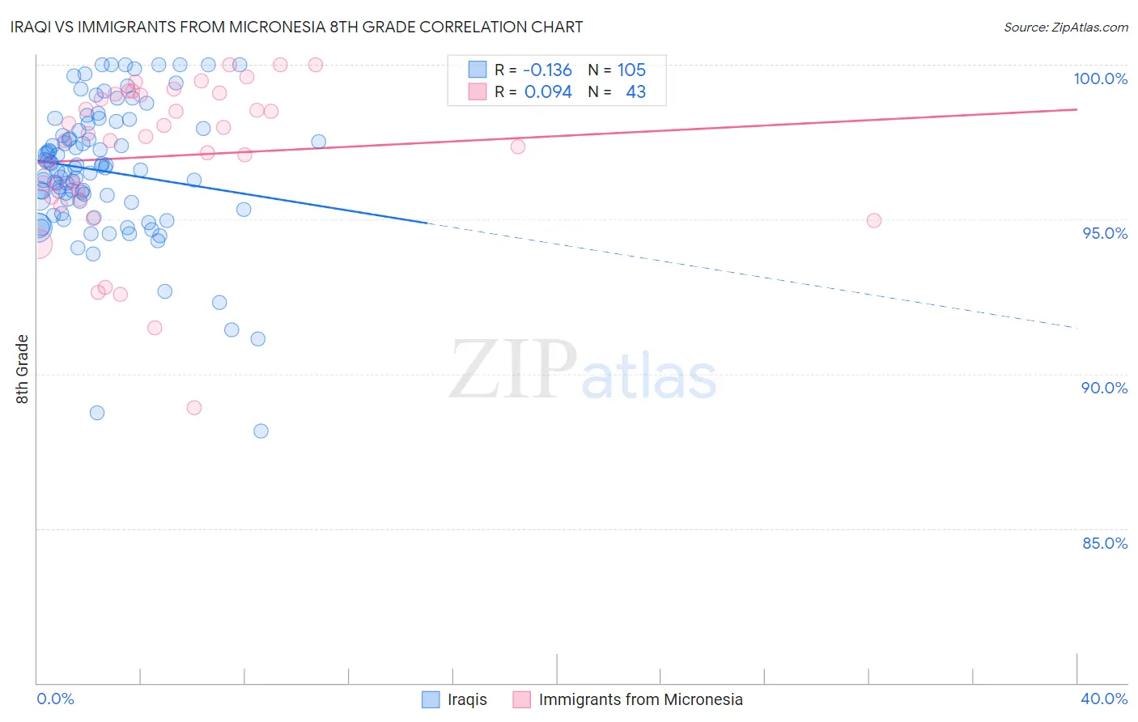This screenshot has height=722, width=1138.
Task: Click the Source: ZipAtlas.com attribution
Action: click(x=1065, y=27)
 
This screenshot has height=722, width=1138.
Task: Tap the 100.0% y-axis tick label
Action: click(x=1100, y=79)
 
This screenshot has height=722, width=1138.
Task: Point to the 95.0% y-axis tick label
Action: click(x=1104, y=233)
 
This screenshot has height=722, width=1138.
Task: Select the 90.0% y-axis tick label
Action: click(x=1104, y=388)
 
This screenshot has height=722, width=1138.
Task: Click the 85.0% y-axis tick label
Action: click(x=1104, y=543)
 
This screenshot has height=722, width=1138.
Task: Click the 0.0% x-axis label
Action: click(x=55, y=699)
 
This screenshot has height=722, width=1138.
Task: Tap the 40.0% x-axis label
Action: click(x=1103, y=699)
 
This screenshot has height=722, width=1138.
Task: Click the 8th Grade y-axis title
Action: click(x=23, y=369)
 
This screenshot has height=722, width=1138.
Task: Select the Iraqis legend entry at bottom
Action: click(x=467, y=699)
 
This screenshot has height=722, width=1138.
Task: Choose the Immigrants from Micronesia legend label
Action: click(x=640, y=699)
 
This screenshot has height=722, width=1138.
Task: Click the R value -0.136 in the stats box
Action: click(x=547, y=70)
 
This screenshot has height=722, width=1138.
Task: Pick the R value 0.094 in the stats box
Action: click(x=548, y=91)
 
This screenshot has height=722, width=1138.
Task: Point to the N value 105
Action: click(x=631, y=70)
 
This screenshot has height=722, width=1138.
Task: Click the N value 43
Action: click(x=635, y=91)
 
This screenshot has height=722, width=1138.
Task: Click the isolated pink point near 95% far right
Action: click(x=873, y=220)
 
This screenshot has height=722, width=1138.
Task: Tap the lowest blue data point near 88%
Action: click(x=261, y=431)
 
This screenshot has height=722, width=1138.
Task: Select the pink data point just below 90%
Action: click(x=194, y=407)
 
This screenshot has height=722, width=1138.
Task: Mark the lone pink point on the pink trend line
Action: click(x=518, y=147)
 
